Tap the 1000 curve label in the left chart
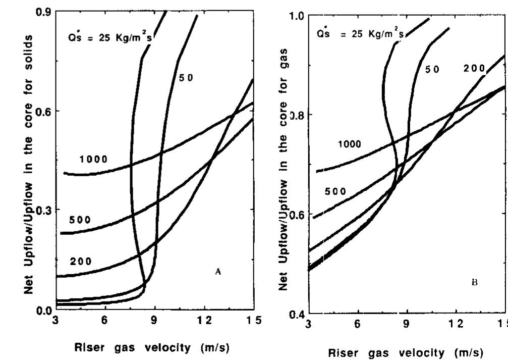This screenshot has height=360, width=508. (x=93, y=160)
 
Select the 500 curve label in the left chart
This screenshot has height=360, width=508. (x=80, y=220)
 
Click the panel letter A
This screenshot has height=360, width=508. (x=218, y=272)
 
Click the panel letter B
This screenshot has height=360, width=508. (x=474, y=283)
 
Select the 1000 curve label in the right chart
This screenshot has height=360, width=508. (x=349, y=144)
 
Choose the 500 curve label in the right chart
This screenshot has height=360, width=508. (x=335, y=191)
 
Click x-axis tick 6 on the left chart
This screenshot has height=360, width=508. (x=104, y=320)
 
